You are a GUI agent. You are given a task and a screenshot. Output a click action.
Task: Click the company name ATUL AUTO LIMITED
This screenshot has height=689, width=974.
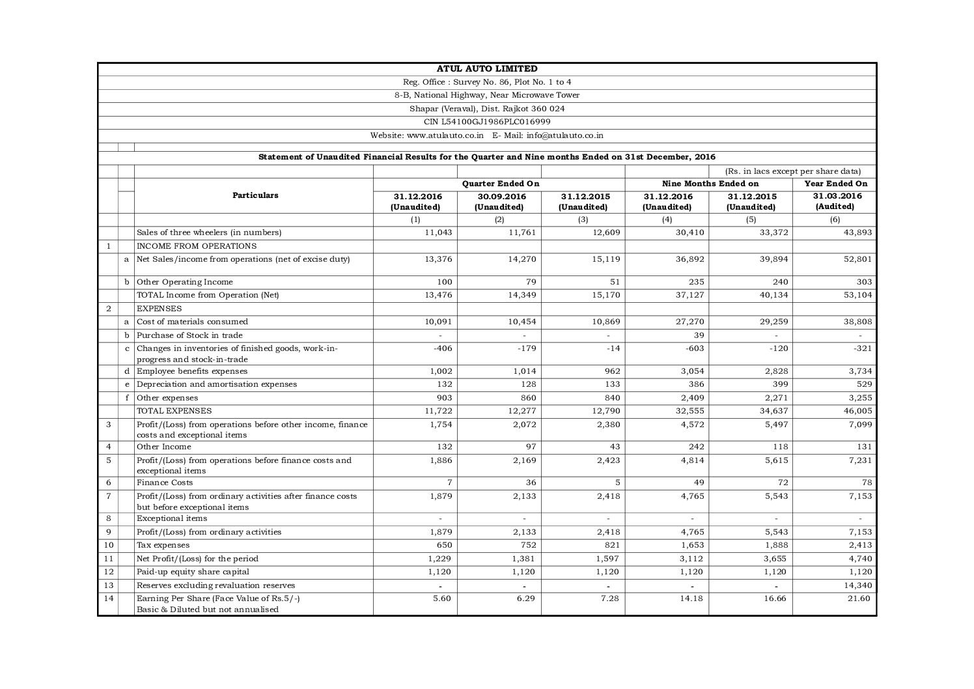click(487, 69)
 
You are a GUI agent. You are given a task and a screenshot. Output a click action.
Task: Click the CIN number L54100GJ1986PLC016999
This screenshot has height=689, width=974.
click(487, 122)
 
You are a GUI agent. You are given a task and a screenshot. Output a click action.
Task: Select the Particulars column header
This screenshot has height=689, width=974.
click(255, 195)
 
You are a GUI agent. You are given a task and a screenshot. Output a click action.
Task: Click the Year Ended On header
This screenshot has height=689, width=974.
click(835, 184)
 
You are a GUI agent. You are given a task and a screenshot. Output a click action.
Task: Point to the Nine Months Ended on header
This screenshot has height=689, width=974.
click(710, 184)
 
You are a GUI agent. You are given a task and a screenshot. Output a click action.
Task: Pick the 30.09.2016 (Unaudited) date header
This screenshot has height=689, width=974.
click(499, 201)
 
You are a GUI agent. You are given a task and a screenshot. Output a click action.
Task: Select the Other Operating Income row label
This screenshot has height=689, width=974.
click(184, 282)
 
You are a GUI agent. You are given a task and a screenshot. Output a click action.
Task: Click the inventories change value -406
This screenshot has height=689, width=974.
click(442, 348)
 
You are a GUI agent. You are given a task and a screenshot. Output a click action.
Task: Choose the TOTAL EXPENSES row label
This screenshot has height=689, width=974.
click(174, 411)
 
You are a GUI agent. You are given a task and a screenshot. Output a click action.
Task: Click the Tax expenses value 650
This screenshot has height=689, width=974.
click(445, 545)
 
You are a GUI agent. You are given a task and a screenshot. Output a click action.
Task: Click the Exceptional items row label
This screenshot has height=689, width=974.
click(172, 518)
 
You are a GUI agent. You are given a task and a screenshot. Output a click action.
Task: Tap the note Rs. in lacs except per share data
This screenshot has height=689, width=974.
click(792, 171)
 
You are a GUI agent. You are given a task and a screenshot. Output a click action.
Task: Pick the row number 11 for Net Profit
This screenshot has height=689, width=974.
click(108, 558)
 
